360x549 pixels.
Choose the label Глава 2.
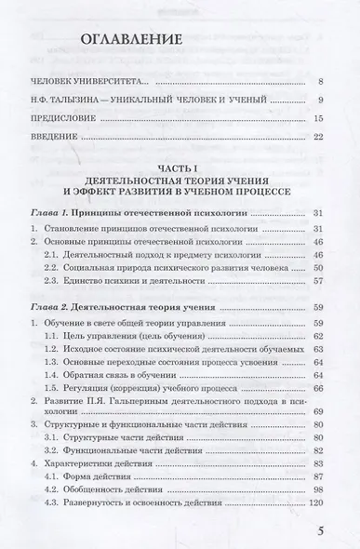(x=61, y=305)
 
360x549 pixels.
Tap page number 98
(x=317, y=489)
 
